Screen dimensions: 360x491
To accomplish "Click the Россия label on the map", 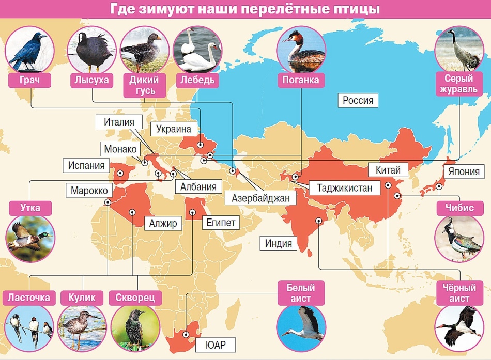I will point(358,100).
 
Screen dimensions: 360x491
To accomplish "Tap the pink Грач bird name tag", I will point(29,80).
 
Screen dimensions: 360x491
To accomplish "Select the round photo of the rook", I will point(29,50).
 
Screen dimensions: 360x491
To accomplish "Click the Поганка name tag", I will point(301,80).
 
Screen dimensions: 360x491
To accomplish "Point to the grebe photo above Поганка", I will point(301,50).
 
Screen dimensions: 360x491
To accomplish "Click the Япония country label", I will point(464,171).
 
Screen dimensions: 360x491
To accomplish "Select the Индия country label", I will point(279,243).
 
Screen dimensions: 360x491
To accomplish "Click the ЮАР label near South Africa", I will point(216,345).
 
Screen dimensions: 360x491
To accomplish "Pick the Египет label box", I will point(222,224).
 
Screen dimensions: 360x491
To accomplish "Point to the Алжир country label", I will point(163,224).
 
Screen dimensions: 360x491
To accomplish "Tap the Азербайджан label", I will point(257,197).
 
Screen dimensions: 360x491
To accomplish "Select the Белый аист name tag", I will point(301,292).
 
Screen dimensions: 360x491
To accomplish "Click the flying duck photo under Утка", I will point(29,239).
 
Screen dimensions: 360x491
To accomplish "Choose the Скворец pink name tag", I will point(135,298).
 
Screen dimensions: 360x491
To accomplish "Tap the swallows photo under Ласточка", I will point(29,328).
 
